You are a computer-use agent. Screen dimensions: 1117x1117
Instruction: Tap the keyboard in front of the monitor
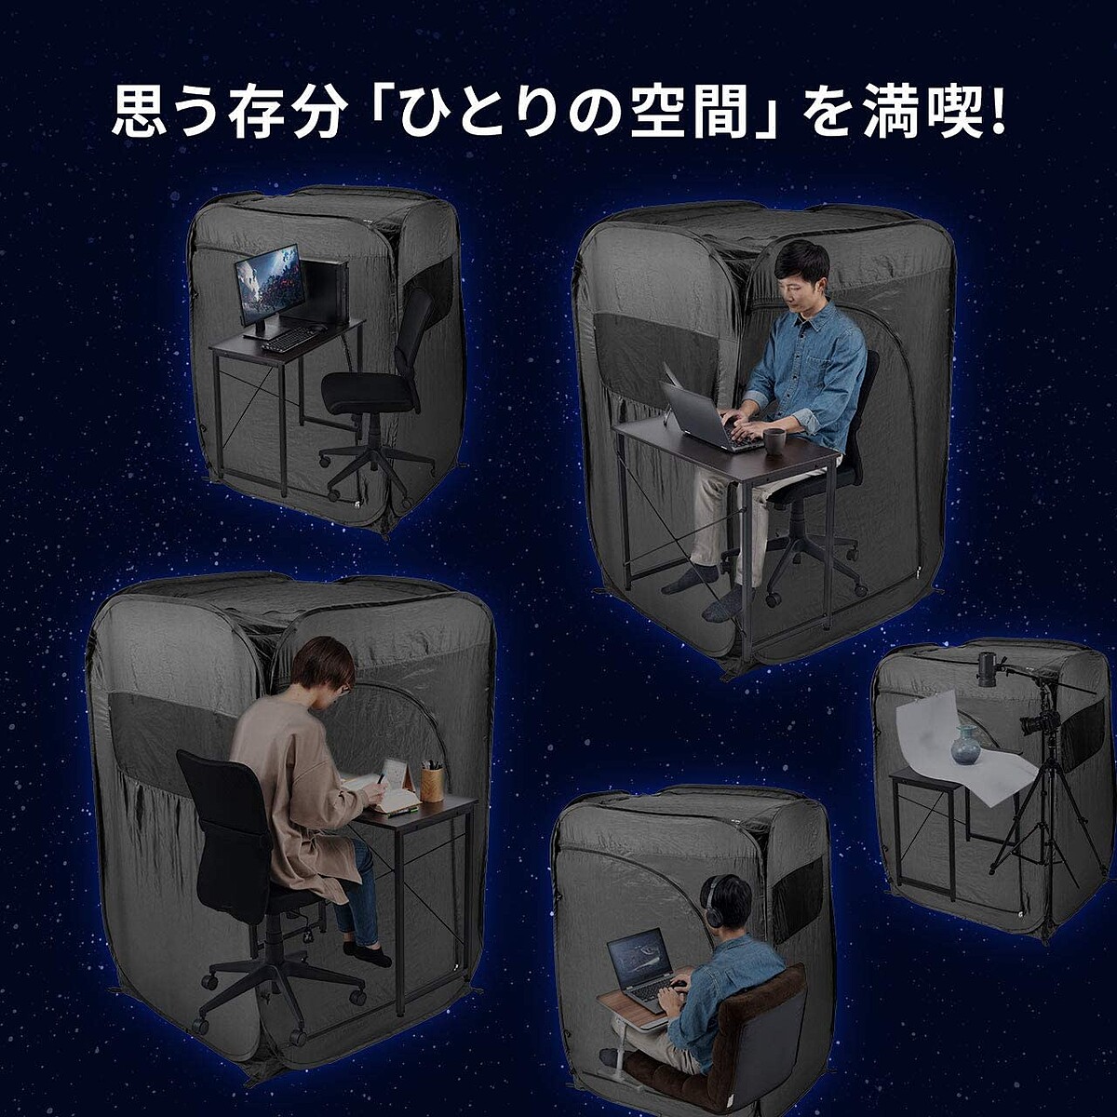pyautogui.click(x=289, y=339)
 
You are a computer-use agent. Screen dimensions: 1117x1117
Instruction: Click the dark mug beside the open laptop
pyautogui.click(x=774, y=442)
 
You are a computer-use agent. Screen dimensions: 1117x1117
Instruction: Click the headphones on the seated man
pyautogui.click(x=712, y=908)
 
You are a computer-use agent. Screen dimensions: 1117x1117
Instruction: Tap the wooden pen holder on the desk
pyautogui.click(x=431, y=784)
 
